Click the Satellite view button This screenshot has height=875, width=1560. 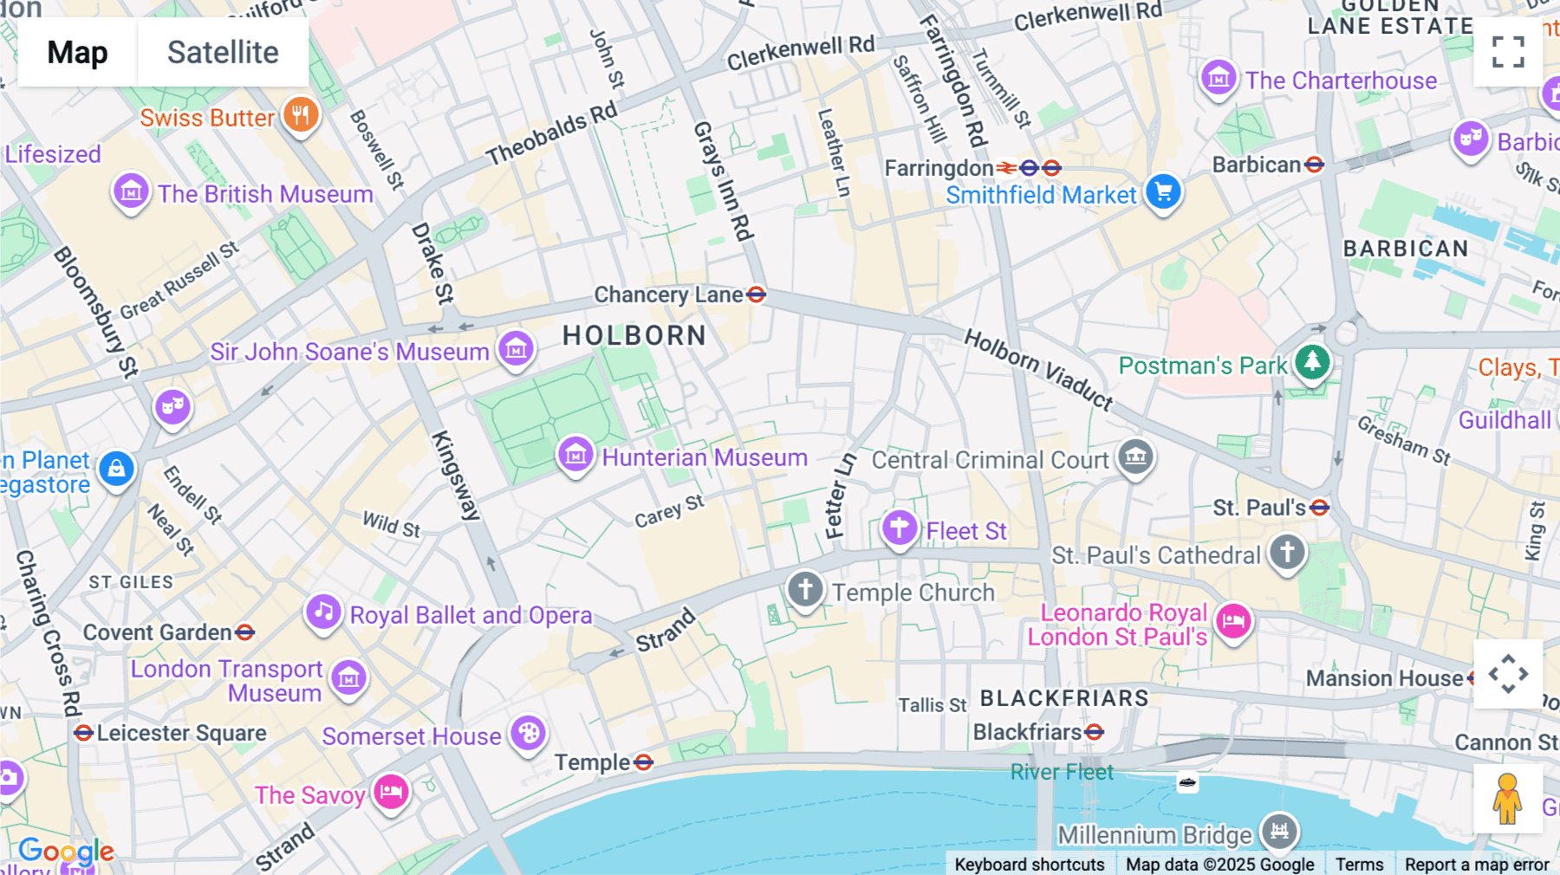click(x=223, y=52)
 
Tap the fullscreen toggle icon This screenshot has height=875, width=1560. click(x=1508, y=52)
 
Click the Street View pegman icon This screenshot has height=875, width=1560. click(x=1507, y=798)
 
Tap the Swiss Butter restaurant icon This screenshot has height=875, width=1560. click(x=301, y=113)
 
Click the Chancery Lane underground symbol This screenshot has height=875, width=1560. click(x=756, y=295)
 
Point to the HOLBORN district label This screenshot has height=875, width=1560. click(x=634, y=335)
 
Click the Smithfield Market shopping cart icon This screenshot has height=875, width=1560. click(x=1163, y=191)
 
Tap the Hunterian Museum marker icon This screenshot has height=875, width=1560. click(x=575, y=454)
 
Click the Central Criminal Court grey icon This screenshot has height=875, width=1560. click(x=1135, y=456)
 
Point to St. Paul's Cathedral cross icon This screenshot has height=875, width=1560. click(x=1287, y=552)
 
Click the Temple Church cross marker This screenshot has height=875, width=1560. click(x=805, y=589)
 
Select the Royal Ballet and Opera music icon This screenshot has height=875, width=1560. click(x=323, y=612)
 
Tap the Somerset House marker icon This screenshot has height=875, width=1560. click(x=528, y=734)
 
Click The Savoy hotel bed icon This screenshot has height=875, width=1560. click(x=391, y=791)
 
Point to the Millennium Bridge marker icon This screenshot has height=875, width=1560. click(x=1279, y=832)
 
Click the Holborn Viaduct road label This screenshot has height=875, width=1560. click(x=1038, y=368)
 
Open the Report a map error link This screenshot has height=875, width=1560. click(x=1476, y=864)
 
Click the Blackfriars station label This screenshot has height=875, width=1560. click(x=1027, y=733)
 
